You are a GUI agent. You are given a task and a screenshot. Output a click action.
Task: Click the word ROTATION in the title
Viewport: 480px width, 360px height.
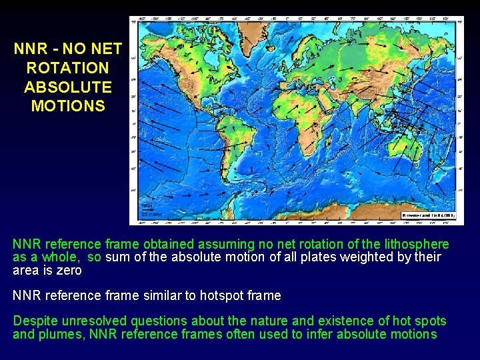67,68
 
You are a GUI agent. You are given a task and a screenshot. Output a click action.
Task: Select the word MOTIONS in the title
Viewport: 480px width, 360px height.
67,106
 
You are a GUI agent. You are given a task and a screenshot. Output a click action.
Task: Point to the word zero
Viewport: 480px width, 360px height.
69,270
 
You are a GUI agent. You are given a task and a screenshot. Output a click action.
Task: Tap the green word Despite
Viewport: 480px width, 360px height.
36,321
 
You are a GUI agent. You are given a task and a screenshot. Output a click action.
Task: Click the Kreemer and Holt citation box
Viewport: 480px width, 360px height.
427,215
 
